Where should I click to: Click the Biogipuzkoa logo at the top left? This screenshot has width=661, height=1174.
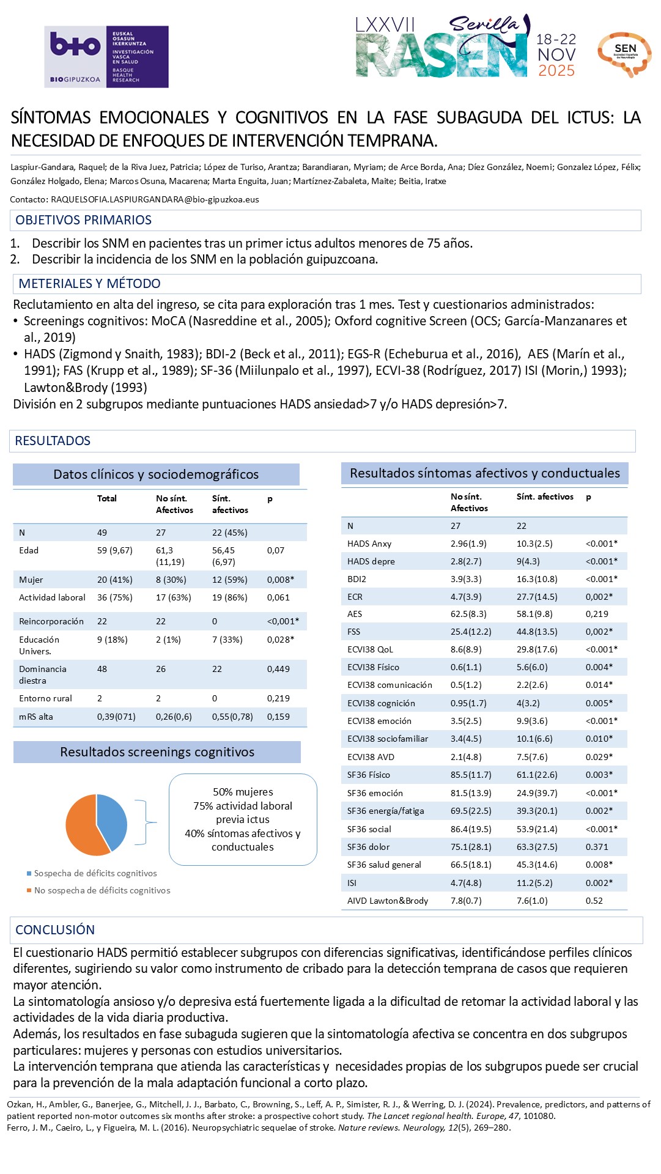(106, 56)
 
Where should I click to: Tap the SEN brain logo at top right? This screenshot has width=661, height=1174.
(624, 54)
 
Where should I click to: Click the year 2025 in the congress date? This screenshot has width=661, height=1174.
(556, 71)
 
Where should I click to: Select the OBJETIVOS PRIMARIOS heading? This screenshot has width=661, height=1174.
(83, 220)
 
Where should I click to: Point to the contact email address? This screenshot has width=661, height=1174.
(155, 199)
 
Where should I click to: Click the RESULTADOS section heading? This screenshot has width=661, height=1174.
(53, 441)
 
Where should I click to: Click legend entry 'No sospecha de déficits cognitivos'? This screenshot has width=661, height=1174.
(102, 890)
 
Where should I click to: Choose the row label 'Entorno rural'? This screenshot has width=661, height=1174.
(45, 698)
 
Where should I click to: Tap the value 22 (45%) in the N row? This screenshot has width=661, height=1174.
(229, 533)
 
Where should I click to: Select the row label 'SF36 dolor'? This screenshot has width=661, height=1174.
(368, 847)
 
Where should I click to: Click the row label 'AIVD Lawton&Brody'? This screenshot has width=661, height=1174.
(388, 901)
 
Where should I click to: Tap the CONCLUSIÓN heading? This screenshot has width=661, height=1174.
(55, 930)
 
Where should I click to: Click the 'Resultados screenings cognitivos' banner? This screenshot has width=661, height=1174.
(157, 752)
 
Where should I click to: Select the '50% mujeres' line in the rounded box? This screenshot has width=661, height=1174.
(243, 792)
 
